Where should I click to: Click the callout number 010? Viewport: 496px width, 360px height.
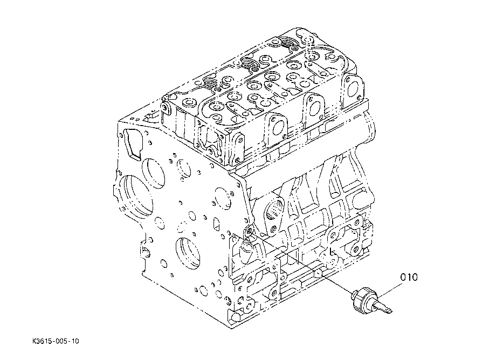coord(409,277)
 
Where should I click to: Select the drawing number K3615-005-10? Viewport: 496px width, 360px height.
coord(56,341)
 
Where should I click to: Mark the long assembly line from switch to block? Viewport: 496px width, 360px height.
coord(300,261)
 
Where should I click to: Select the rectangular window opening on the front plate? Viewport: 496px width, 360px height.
coord(132,144)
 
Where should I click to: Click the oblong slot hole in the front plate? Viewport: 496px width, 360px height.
coord(216,223)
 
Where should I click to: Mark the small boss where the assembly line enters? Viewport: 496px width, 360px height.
coord(249,231)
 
